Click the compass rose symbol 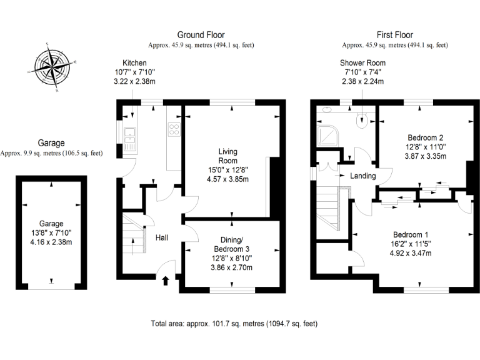(x=52, y=67)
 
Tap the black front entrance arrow (x=166, y=281)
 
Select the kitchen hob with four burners (x=174, y=129)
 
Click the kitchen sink (x=130, y=139)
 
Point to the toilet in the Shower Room (x=362, y=119)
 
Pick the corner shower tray (x=328, y=135)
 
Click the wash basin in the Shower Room (x=327, y=109)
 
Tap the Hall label (x=162, y=237)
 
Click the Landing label (x=362, y=176)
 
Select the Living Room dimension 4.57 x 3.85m (x=227, y=179)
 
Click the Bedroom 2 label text (x=426, y=137)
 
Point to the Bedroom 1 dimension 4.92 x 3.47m (x=411, y=253)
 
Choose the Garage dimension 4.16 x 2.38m (x=51, y=242)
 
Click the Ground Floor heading (x=201, y=35)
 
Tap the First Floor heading (x=395, y=35)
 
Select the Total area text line (x=234, y=324)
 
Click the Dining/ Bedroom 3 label (x=232, y=244)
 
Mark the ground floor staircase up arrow (x=133, y=246)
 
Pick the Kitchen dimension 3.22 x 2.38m (x=135, y=81)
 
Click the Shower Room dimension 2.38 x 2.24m (x=362, y=81)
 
